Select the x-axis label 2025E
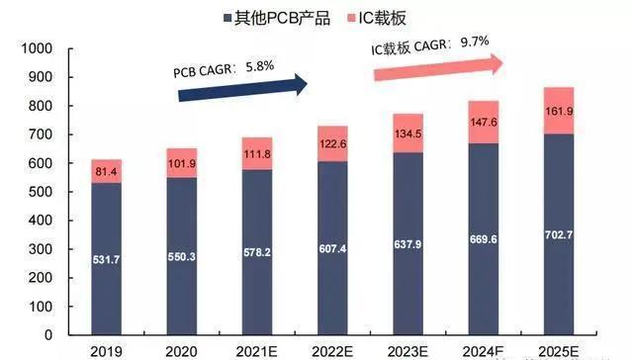pyautogui.click(x=559, y=352)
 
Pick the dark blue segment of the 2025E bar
pyautogui.click(x=559, y=237)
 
